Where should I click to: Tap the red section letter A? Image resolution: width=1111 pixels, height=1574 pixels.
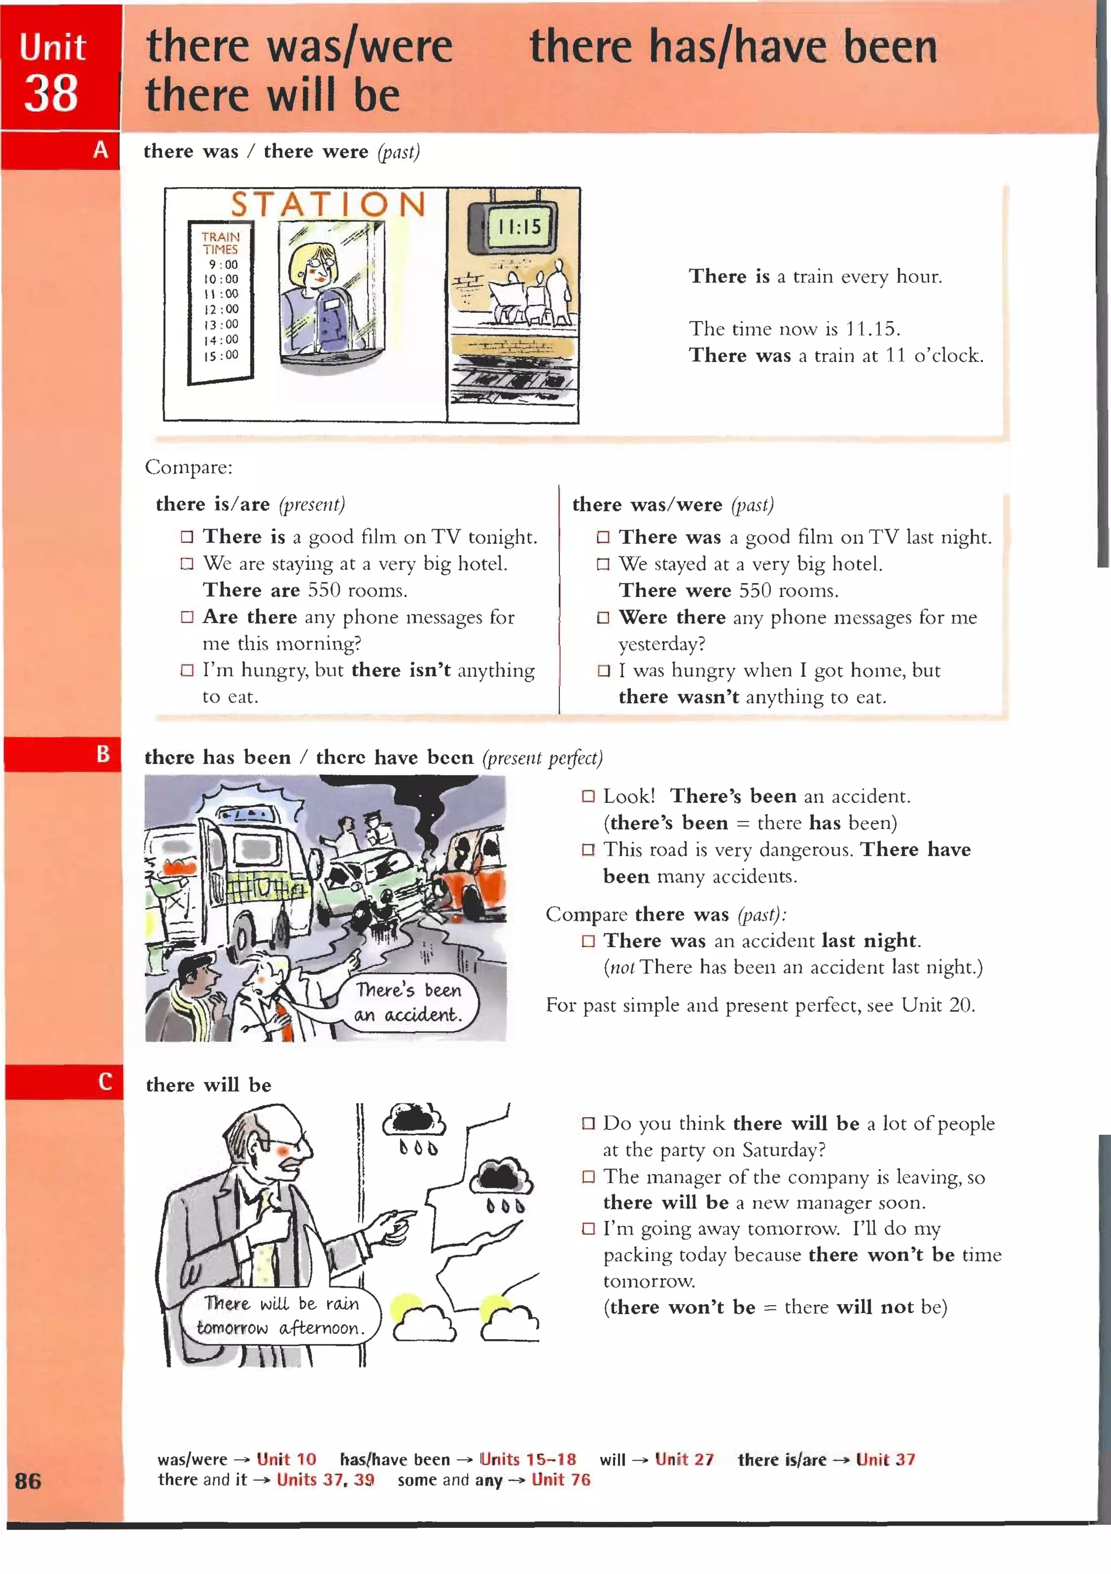(x=100, y=150)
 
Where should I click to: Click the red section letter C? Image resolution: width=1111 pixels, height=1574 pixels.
(x=105, y=1082)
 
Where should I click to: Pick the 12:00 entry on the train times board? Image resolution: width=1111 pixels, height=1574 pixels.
(x=221, y=309)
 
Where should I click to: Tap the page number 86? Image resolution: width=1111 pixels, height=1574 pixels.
(x=28, y=1481)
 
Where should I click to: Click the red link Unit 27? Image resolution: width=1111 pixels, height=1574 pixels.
(x=684, y=1459)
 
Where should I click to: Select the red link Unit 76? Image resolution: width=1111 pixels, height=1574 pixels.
(x=560, y=1480)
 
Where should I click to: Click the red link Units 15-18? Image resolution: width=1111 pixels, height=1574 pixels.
(x=527, y=1459)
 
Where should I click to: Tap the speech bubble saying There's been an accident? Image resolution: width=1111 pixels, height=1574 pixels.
(x=407, y=1003)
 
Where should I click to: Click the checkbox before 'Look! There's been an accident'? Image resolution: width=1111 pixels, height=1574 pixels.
(x=588, y=796)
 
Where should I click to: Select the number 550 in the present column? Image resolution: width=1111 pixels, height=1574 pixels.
(x=324, y=590)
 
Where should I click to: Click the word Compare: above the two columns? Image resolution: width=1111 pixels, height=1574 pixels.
(x=189, y=467)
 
